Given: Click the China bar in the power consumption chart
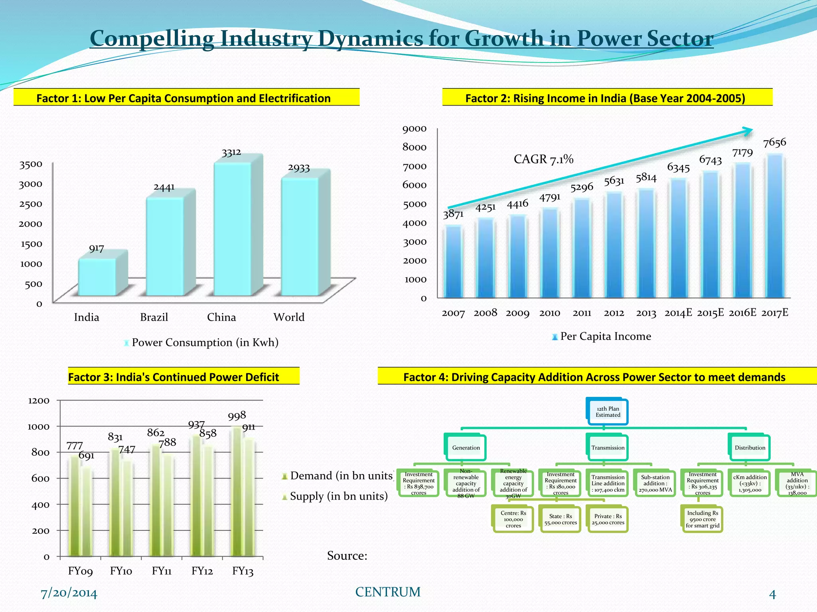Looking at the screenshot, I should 233,229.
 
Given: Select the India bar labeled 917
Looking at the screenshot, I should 97,277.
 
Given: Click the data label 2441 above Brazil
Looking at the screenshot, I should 164,187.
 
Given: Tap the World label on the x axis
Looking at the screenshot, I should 289,317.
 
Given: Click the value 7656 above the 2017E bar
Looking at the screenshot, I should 774,143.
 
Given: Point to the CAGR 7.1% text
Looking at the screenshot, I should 543,159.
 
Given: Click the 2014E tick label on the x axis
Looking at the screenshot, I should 678,313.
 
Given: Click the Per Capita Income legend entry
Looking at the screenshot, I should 602,336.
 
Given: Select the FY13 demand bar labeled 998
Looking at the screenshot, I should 237,492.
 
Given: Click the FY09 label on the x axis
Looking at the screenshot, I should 80,571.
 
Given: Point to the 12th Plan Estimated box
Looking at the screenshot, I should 608,412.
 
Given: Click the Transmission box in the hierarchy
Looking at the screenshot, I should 608,448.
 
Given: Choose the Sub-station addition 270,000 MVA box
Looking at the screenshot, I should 655,483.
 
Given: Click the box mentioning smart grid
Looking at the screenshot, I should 703,520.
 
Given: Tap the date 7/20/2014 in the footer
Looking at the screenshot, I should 69,593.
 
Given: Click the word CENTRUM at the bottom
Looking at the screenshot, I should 388,592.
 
